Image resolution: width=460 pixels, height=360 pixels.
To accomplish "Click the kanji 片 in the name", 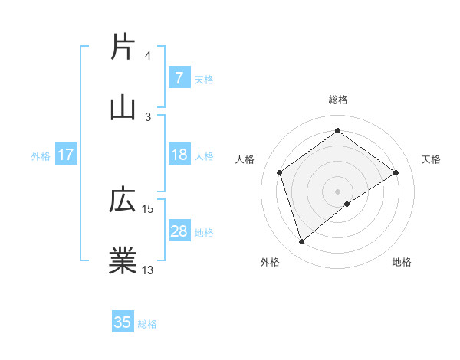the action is click(x=123, y=47).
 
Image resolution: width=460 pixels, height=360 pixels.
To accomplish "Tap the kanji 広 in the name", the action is click(x=123, y=201).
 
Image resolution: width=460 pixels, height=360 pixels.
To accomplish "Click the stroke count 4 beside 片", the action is click(x=148, y=56).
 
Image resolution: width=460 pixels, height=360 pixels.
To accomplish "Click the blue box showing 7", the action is click(x=179, y=77).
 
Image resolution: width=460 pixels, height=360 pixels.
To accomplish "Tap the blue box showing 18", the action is click(x=179, y=155).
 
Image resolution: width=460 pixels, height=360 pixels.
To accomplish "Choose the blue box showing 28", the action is click(x=179, y=231).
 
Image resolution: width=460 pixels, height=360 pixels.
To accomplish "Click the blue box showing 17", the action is click(x=66, y=155).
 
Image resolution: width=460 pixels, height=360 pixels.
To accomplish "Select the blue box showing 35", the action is click(x=123, y=322).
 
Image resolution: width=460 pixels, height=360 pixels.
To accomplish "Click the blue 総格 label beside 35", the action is click(x=147, y=324).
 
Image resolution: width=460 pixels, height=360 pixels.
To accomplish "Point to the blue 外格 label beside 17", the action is click(x=41, y=156).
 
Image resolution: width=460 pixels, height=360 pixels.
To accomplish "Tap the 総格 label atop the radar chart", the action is click(x=337, y=100).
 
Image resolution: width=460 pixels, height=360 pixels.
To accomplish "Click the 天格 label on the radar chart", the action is click(x=432, y=159).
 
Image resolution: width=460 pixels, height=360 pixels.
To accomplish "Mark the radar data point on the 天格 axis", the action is click(x=396, y=172).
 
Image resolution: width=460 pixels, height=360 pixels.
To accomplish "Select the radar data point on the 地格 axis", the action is click(x=347, y=204).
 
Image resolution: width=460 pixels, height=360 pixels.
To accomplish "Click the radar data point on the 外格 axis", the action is click(x=301, y=242).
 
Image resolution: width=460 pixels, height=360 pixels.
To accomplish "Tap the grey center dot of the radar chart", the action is click(x=337, y=191).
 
